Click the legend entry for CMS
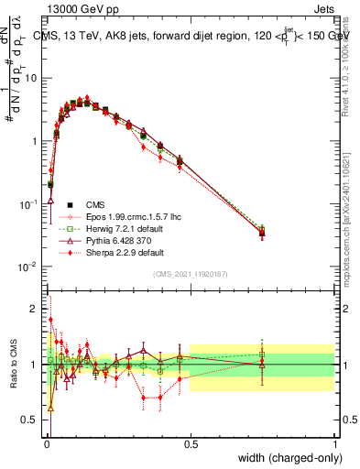click(95, 204)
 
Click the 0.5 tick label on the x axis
click(191, 444)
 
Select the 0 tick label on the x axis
click(47, 444)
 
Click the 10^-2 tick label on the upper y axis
click(29, 267)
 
